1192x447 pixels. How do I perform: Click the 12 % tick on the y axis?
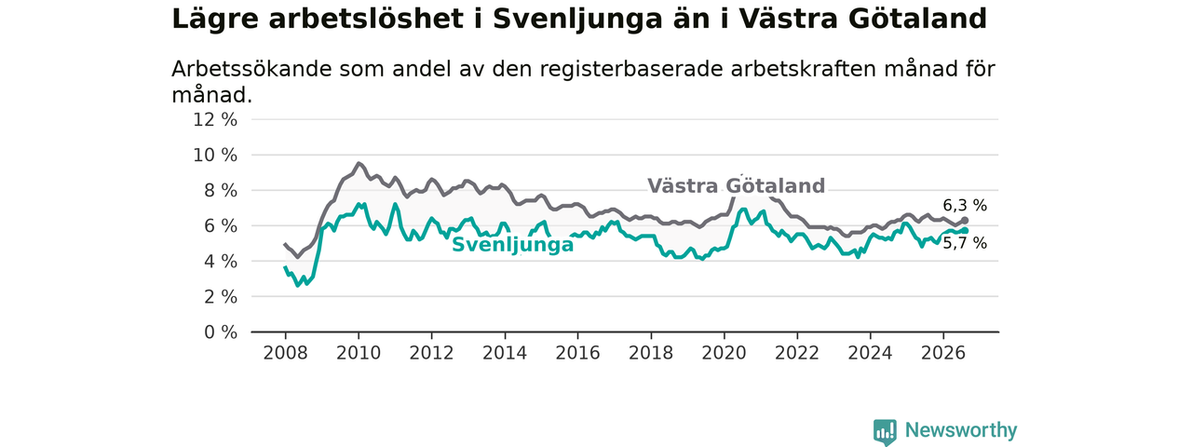pos(215,120)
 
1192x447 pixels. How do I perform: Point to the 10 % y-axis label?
pos(215,156)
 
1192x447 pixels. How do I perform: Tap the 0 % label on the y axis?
pos(221,332)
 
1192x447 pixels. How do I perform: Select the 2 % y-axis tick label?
pos(221,297)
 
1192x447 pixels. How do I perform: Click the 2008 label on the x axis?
pos(285,353)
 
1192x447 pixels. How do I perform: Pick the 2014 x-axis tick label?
pos(505,353)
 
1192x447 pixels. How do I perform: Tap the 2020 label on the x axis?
pos(724,353)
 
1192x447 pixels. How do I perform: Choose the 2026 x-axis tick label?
pos(943,353)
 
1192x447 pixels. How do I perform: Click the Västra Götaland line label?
pos(736,185)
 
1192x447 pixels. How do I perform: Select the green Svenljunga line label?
pos(512,245)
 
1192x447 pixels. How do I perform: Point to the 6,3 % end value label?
pos(965,206)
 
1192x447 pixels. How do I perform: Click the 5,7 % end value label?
pos(965,243)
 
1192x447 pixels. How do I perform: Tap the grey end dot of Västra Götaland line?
pos(964,221)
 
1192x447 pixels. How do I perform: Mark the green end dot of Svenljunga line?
pos(964,230)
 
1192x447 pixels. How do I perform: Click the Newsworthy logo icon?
pos(885,430)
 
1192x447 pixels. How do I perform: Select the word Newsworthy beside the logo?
pos(961,430)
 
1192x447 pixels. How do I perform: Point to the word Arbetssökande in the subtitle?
pos(252,69)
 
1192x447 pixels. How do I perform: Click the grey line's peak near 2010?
pos(359,163)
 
